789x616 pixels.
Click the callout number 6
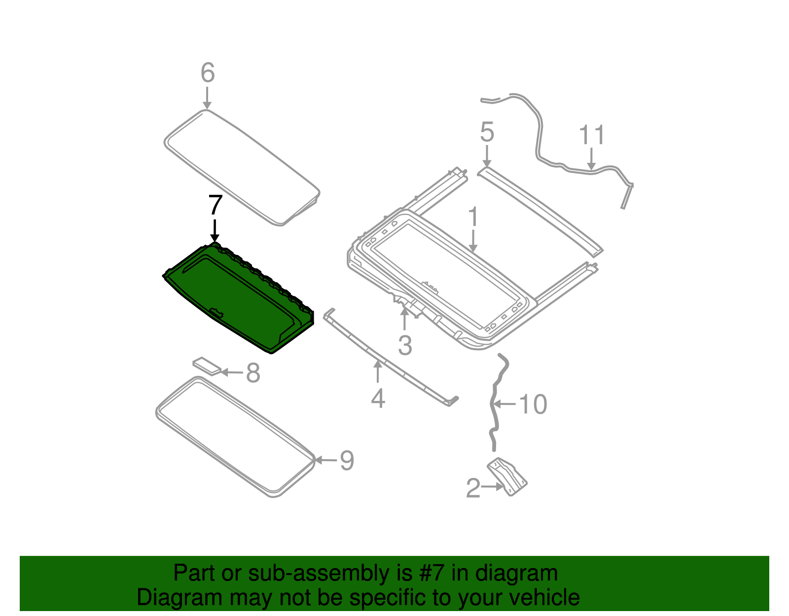click(208, 73)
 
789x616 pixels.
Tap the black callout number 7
click(215, 205)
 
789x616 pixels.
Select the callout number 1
click(473, 217)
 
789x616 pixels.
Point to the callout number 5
click(487, 133)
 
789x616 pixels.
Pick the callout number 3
click(405, 345)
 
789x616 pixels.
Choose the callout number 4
click(378, 398)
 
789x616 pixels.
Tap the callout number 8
click(253, 373)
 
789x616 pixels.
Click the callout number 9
click(347, 461)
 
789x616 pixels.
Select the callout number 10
click(533, 404)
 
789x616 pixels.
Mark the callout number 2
click(473, 488)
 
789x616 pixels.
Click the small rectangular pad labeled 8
click(207, 365)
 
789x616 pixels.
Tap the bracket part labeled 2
click(508, 476)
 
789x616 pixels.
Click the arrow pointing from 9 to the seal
click(325, 460)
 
